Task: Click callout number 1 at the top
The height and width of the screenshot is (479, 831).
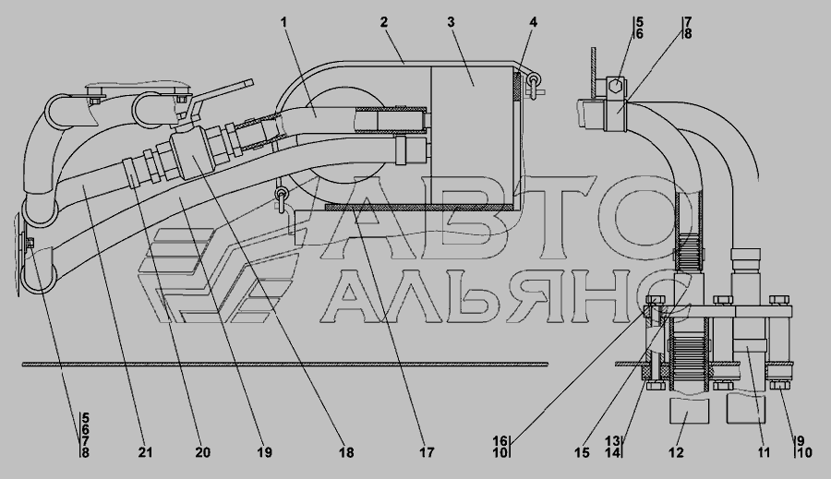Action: pyautogui.click(x=283, y=22)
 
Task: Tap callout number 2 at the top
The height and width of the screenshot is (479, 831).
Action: pyautogui.click(x=384, y=22)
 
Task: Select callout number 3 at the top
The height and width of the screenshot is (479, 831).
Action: pyautogui.click(x=451, y=22)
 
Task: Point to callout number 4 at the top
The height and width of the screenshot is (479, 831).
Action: pyautogui.click(x=533, y=22)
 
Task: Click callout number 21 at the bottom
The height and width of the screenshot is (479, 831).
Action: pyautogui.click(x=145, y=452)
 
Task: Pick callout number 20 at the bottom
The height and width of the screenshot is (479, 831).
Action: pyautogui.click(x=202, y=452)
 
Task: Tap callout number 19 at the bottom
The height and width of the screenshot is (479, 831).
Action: pyautogui.click(x=264, y=452)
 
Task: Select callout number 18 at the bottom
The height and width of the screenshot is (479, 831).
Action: pyautogui.click(x=346, y=452)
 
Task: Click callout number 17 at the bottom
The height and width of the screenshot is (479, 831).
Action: pyautogui.click(x=427, y=452)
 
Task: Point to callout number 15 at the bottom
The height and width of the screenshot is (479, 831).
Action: pyautogui.click(x=582, y=452)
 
